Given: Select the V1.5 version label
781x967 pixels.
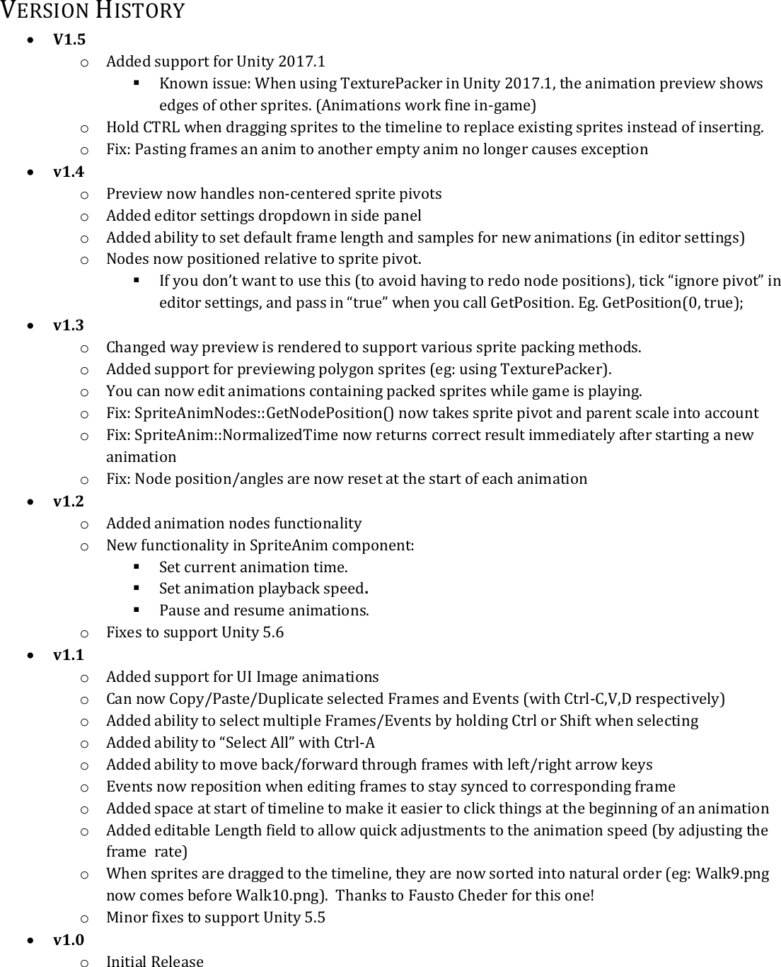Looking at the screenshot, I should pyautogui.click(x=69, y=39).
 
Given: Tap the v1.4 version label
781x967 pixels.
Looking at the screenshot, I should pyautogui.click(x=69, y=171).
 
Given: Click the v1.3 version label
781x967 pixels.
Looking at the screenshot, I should pyautogui.click(x=69, y=325).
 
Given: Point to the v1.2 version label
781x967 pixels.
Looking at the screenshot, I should pyautogui.click(x=69, y=501).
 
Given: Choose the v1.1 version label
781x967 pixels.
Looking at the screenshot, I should pyautogui.click(x=69, y=654).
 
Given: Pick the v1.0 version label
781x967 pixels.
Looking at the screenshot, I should pyautogui.click(x=69, y=939).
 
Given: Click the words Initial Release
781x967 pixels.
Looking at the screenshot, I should pyautogui.click(x=154, y=961).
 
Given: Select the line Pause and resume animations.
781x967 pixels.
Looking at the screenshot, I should pyautogui.click(x=264, y=610).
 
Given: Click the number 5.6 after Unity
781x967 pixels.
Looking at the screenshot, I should pyautogui.click(x=273, y=632).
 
